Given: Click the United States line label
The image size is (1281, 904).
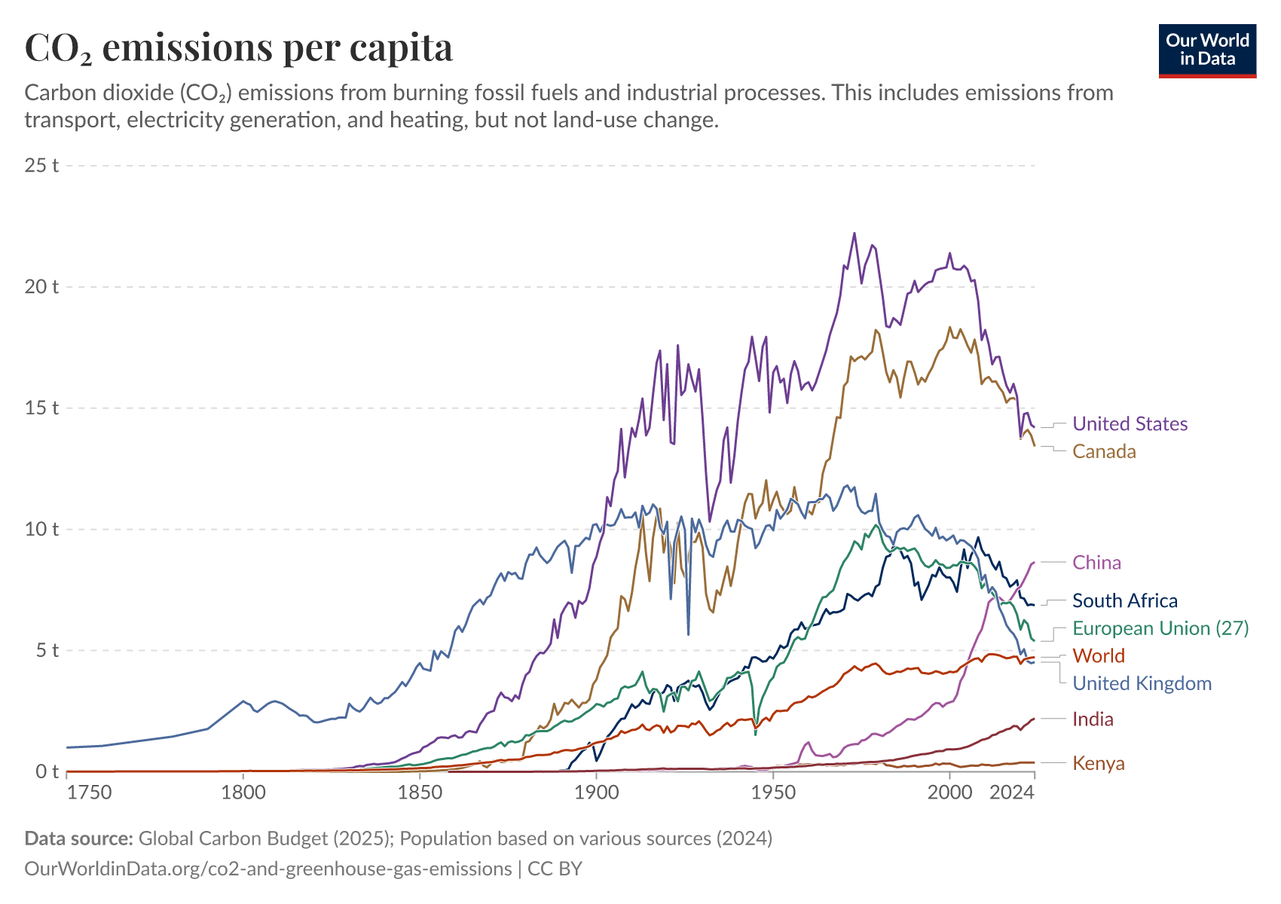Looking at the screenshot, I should [1130, 424].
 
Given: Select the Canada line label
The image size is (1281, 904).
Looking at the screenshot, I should [1104, 451].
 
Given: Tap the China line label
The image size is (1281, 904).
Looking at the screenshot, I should [1096, 563].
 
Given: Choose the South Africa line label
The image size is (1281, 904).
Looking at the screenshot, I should [1124, 600].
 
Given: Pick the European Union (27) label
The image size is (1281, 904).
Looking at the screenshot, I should [1160, 628].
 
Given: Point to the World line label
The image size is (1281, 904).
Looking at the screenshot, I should [1098, 655].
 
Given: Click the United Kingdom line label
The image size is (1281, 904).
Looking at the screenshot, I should [1142, 683].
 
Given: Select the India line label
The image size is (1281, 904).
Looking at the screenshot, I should [1093, 719].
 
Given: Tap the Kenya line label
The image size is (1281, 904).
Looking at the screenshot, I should [1098, 763].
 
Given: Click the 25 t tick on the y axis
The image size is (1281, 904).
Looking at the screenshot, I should [42, 165].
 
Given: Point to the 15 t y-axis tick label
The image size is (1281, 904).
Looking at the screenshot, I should [42, 408].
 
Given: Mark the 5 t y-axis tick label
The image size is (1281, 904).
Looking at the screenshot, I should [47, 650].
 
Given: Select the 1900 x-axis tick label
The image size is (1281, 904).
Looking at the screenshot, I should [596, 793].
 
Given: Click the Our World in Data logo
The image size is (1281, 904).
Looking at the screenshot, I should [1207, 50].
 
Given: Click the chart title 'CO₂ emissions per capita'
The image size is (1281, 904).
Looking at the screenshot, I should [239, 47].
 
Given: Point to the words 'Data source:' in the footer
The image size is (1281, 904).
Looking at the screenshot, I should [79, 838].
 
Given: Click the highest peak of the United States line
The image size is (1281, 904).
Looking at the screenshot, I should [855, 233].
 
